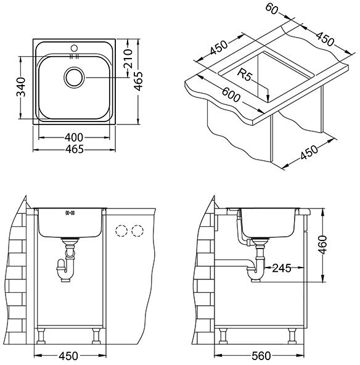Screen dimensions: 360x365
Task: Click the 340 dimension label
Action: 21,88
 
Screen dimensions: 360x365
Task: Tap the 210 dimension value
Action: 128,59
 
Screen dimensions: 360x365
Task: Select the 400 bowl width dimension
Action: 74,137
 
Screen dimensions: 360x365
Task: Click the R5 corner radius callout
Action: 245,75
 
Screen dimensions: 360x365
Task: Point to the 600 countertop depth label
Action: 231,95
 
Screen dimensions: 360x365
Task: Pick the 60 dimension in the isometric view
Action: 272,9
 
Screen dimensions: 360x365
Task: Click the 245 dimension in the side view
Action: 282,268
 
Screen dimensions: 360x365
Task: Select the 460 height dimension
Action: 322,245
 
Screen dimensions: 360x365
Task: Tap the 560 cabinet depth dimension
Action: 261,356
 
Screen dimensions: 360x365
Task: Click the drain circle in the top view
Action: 74,78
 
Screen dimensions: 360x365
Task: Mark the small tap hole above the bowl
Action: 74,48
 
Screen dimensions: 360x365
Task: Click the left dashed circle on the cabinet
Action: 121,231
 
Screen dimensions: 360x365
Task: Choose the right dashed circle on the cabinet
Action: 137,231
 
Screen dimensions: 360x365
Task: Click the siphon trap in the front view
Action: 65,268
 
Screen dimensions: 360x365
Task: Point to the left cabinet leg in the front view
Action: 41,336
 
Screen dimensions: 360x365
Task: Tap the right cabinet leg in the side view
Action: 292,336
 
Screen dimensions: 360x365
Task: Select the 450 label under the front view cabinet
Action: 68,356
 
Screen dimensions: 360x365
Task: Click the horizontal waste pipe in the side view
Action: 233,263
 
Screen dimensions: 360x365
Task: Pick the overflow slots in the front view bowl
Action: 70,213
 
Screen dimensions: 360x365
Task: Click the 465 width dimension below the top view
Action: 74,149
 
